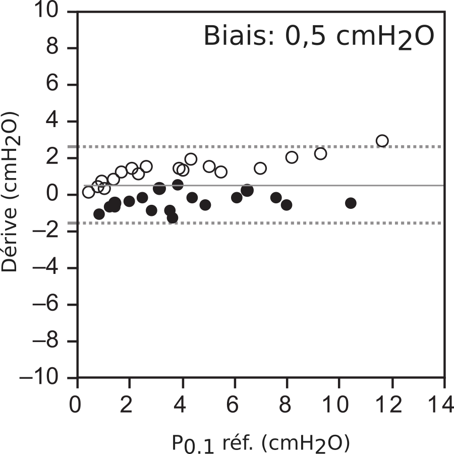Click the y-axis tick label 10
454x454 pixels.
55,11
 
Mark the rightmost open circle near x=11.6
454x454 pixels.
382,141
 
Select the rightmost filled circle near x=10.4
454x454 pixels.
351,203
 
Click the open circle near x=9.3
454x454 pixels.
320,153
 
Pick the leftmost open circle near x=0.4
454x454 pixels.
88,192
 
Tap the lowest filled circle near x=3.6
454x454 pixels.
173,218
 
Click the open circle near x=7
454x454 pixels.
260,168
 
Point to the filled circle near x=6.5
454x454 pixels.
247,190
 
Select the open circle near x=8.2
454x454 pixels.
292,157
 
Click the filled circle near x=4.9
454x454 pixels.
205,205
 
